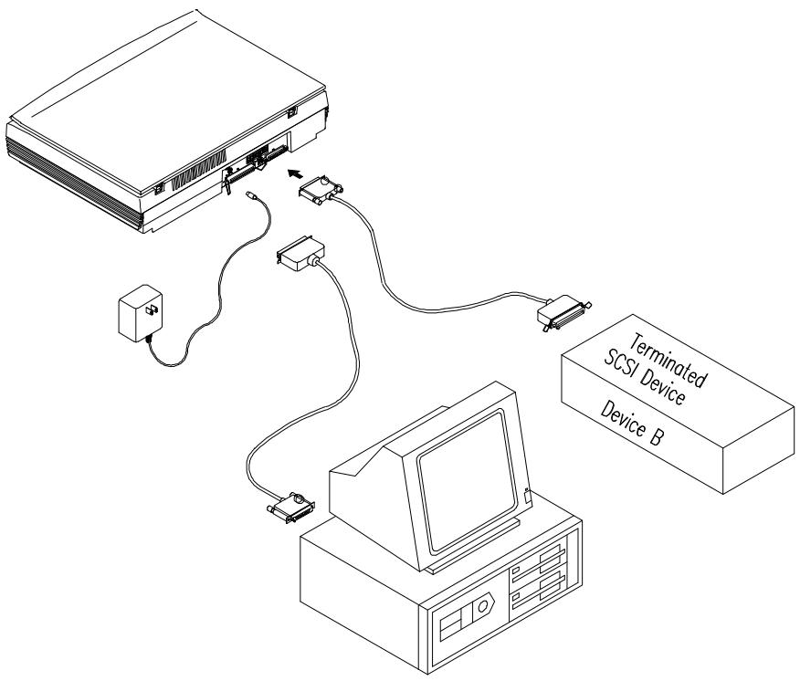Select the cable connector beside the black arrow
[321, 191]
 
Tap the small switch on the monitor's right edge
[529, 496]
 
